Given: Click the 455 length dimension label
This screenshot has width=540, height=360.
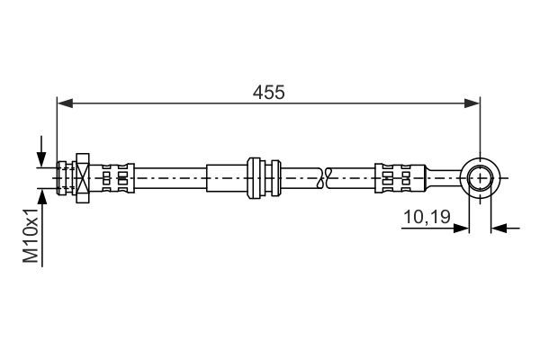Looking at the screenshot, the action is pyautogui.click(x=268, y=93).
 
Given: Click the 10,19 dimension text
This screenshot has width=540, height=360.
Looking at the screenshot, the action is pyautogui.click(x=427, y=217).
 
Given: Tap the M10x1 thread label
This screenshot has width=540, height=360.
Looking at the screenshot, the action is pyautogui.click(x=31, y=235).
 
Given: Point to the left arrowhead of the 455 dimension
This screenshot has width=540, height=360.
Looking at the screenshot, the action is pyautogui.click(x=65, y=103).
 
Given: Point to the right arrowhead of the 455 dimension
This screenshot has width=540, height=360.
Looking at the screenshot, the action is pyautogui.click(x=472, y=103).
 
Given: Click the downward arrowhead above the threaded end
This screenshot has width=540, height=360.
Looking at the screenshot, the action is pyautogui.click(x=41, y=159).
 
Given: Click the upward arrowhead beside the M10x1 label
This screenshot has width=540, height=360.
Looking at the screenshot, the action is pyautogui.click(x=41, y=197).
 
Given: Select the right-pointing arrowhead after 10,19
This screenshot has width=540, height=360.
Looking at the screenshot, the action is pyautogui.click(x=461, y=228).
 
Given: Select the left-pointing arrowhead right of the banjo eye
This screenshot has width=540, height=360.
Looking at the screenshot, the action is pyautogui.click(x=499, y=228).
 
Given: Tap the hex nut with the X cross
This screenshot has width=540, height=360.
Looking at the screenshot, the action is pyautogui.click(x=83, y=178).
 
